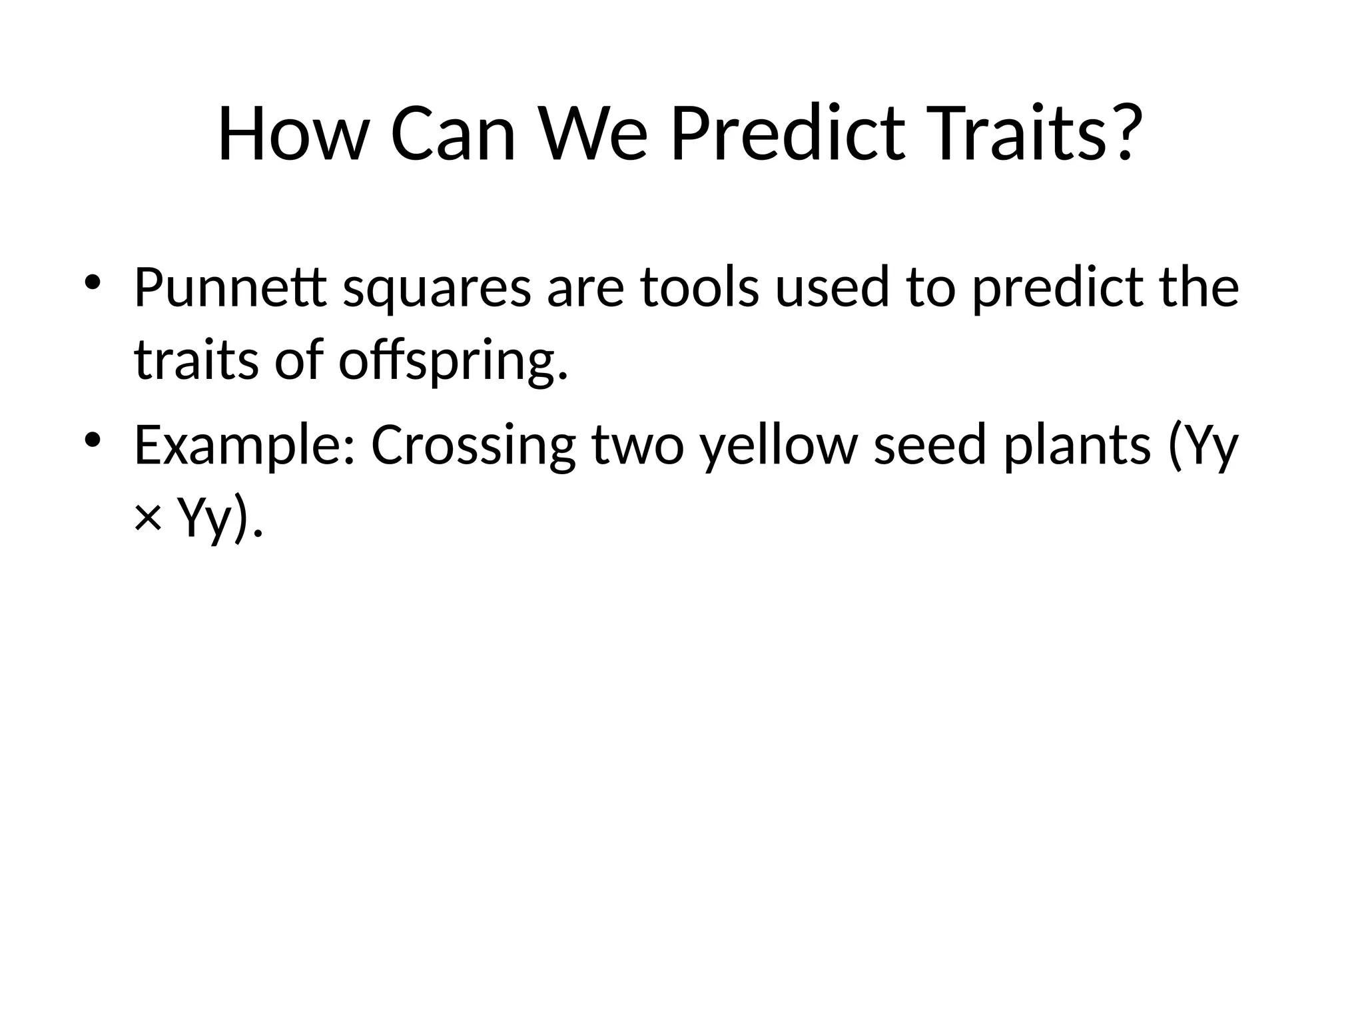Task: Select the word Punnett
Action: [x=230, y=288]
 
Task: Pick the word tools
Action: [x=699, y=288]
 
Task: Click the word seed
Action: [x=930, y=445]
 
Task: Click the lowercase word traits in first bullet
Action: [x=196, y=360]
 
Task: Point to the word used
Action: [x=833, y=288]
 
